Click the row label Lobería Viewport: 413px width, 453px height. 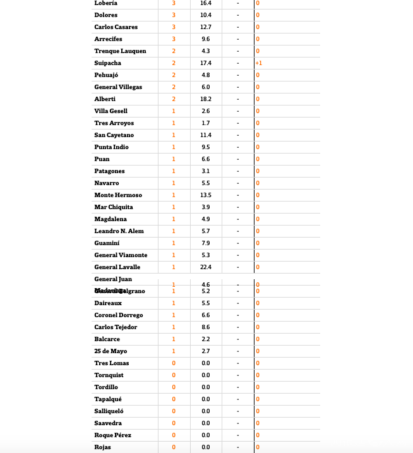pyautogui.click(x=106, y=3)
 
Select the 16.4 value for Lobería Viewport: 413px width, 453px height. pyautogui.click(x=206, y=3)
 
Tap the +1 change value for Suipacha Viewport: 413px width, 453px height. pyautogui.click(x=259, y=63)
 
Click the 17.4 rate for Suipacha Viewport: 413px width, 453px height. pyautogui.click(x=206, y=63)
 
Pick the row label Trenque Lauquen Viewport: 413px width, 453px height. pyautogui.click(x=120, y=51)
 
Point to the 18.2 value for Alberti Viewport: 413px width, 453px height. pyautogui.click(x=206, y=99)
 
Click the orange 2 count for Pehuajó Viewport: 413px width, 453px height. pyautogui.click(x=174, y=75)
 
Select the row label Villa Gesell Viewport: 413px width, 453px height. pyautogui.click(x=111, y=111)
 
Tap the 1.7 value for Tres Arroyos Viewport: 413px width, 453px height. pyautogui.click(x=206, y=123)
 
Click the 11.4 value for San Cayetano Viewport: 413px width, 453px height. pyautogui.click(x=206, y=135)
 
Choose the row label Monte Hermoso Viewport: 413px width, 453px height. pyautogui.click(x=118, y=195)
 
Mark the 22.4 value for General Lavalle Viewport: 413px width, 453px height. pyautogui.click(x=206, y=267)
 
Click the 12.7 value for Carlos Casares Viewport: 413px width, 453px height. pyautogui.click(x=206, y=27)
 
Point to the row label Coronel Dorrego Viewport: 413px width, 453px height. pyautogui.click(x=119, y=315)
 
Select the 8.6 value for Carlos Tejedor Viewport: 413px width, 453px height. pyautogui.click(x=206, y=327)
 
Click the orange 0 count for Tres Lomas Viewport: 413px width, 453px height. pyautogui.click(x=174, y=363)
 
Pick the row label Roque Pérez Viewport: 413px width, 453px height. pyautogui.click(x=112, y=435)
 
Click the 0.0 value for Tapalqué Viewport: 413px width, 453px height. pyautogui.click(x=206, y=399)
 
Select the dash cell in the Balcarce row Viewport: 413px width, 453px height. pyautogui.click(x=238, y=339)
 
